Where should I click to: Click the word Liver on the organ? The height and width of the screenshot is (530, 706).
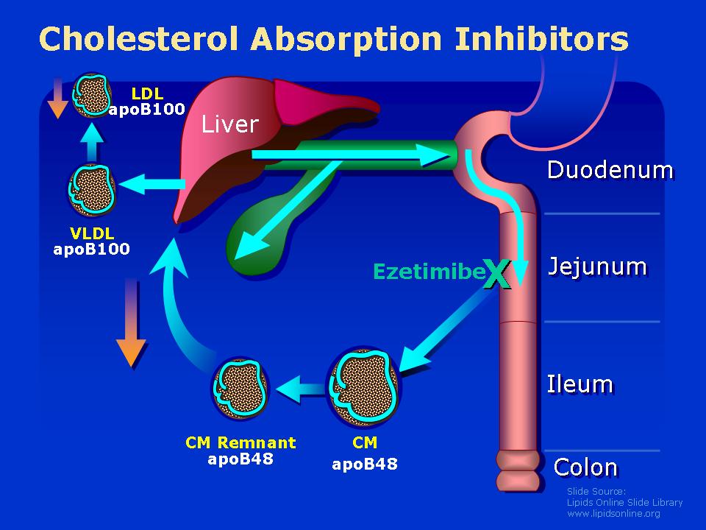click(x=229, y=123)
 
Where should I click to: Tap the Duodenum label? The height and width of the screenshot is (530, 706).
click(x=610, y=170)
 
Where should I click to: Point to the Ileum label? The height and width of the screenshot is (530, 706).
click(x=580, y=384)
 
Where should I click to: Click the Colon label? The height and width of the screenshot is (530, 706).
click(x=585, y=467)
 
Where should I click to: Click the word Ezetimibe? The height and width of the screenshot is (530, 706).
click(x=428, y=272)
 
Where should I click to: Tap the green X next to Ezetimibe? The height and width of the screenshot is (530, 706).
click(x=496, y=273)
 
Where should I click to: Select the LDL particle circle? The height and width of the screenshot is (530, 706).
click(x=92, y=95)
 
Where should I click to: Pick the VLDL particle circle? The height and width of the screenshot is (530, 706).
click(x=92, y=189)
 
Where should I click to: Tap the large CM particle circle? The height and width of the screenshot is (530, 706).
click(x=363, y=388)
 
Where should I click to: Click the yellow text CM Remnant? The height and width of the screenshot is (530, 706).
click(x=240, y=442)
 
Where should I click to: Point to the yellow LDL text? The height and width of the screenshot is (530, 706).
click(x=147, y=93)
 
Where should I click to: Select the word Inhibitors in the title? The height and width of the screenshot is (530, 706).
click(x=541, y=39)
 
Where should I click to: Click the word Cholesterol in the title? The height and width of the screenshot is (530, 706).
click(x=139, y=39)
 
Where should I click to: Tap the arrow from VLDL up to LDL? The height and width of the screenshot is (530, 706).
click(x=92, y=141)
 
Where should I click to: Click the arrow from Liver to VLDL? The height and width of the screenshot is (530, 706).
click(x=152, y=183)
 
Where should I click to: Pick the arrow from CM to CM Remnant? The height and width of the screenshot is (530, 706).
click(x=300, y=388)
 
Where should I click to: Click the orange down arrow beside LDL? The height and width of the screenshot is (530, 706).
click(x=57, y=98)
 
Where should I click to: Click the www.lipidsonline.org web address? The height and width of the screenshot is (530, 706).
click(x=613, y=513)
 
